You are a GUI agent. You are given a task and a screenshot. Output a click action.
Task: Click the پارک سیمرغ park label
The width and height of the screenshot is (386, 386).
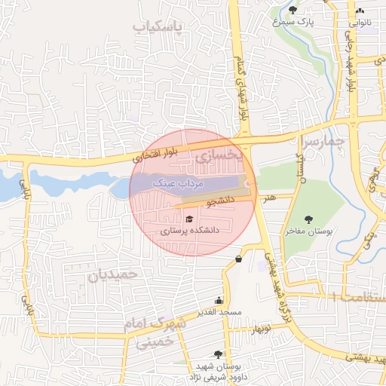point(293,23)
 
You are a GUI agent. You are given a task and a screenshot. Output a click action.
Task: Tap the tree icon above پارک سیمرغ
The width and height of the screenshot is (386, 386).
point(293,10)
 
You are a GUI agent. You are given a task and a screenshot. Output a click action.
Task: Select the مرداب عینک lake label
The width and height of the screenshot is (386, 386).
point(175,182)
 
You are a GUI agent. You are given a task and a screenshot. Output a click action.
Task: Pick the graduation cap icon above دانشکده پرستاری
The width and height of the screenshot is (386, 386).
point(188,219)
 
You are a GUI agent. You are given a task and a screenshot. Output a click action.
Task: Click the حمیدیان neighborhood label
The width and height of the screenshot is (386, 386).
point(114,275)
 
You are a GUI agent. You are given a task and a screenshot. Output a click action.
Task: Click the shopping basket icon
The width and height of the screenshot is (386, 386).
point(238,259)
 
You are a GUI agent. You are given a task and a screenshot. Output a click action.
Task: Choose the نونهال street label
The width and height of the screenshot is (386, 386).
point(260,329)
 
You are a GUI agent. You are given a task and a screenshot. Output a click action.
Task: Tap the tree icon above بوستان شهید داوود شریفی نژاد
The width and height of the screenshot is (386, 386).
point(219,354)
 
